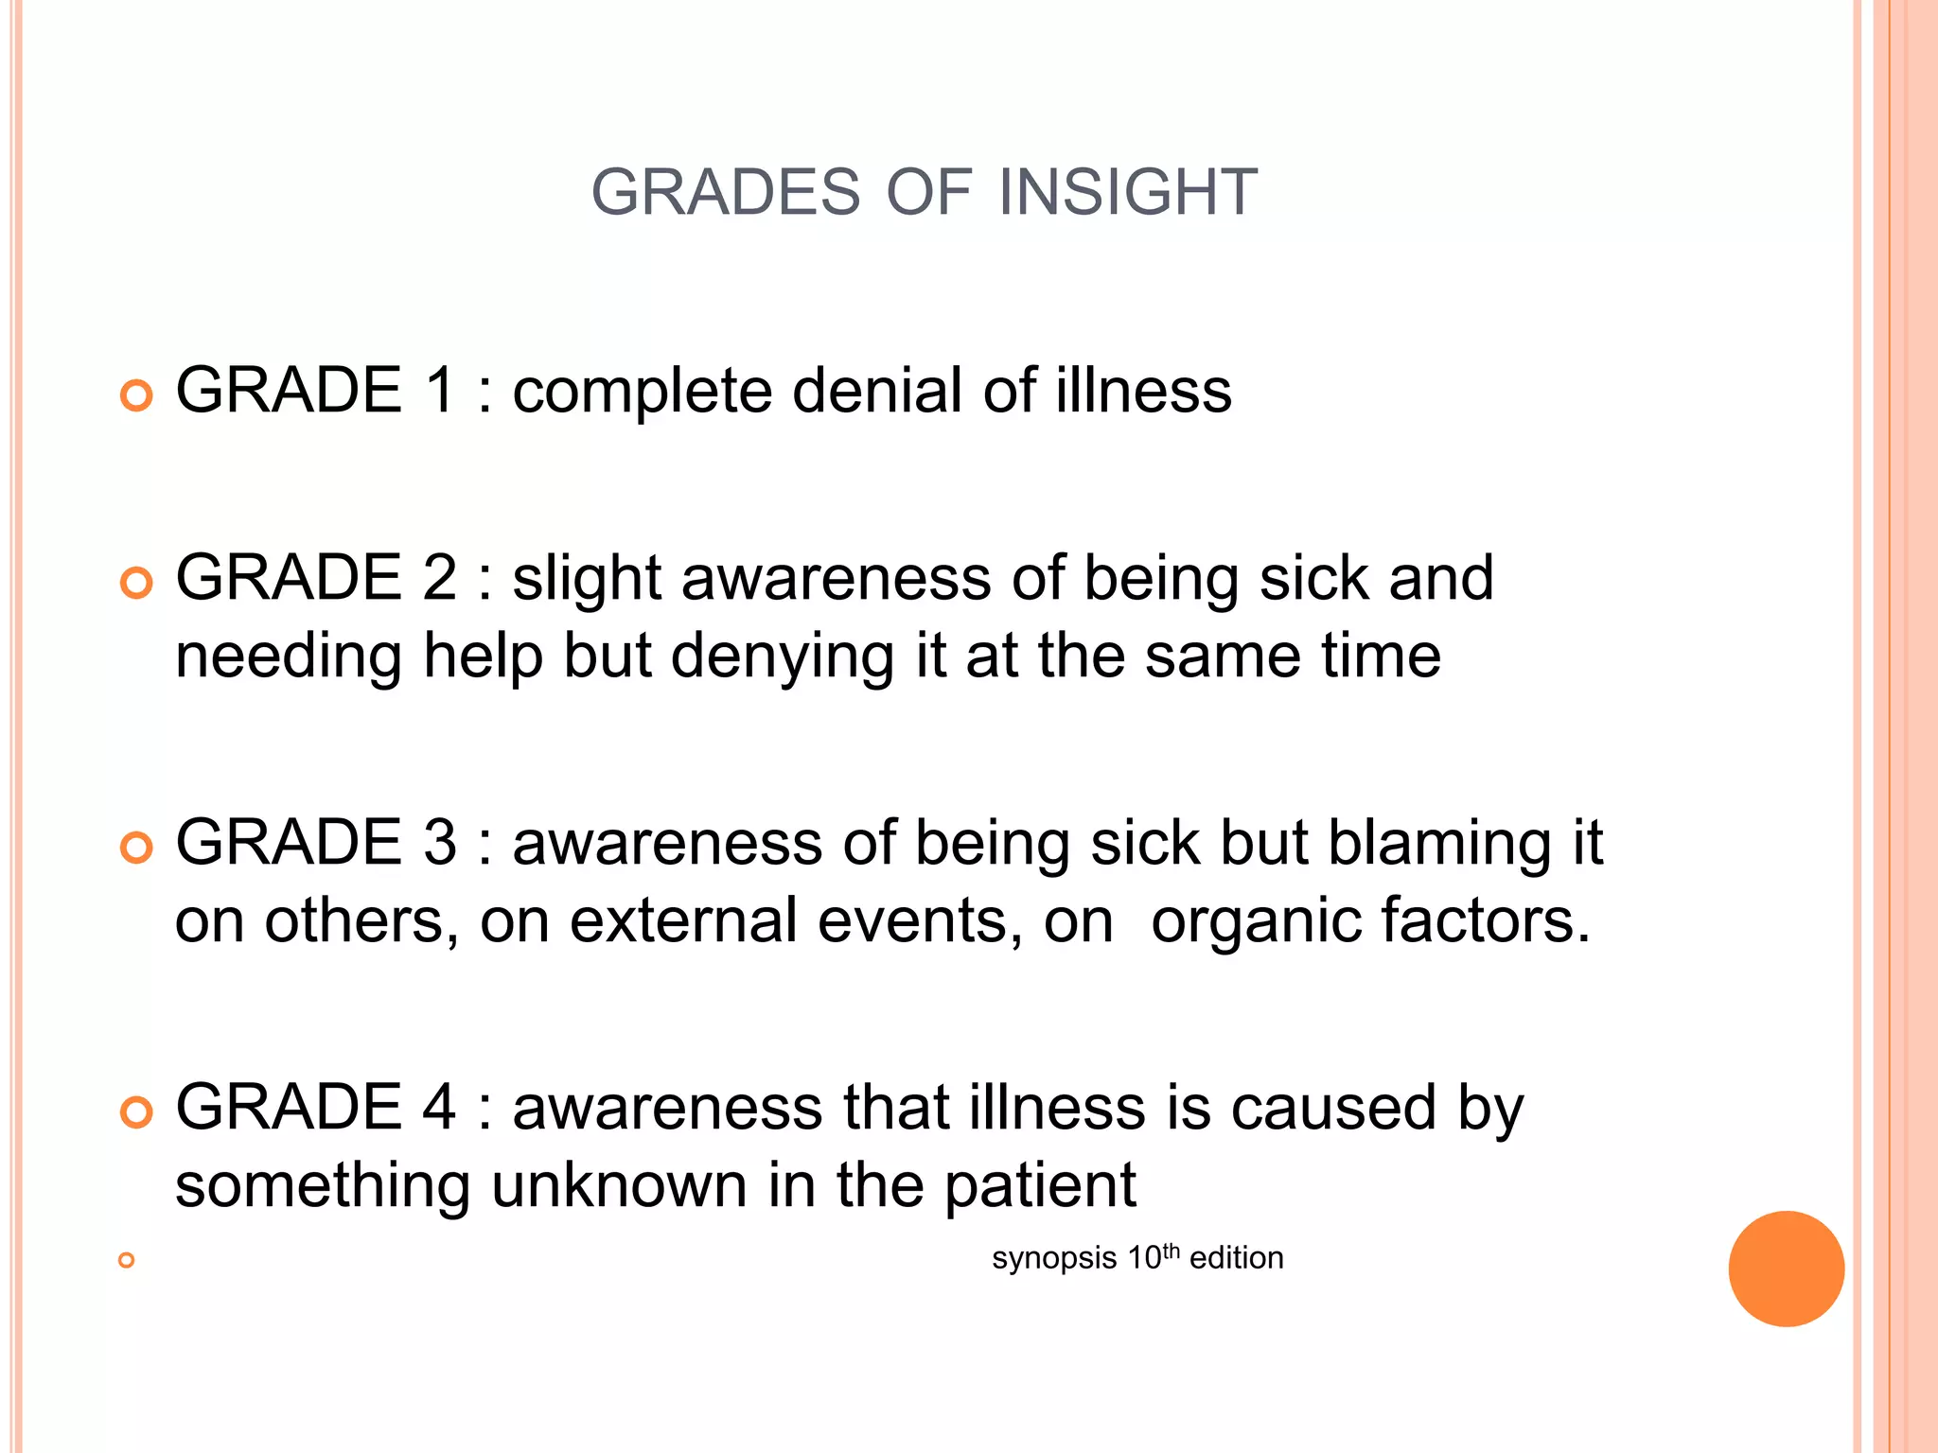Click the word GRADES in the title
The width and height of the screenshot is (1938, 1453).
(726, 192)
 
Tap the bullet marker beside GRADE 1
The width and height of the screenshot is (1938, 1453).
(137, 395)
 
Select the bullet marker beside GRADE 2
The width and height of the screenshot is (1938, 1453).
(137, 583)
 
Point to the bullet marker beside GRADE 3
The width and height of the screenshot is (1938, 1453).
(137, 848)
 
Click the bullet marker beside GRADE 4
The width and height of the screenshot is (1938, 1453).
(137, 1112)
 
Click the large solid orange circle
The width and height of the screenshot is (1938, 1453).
(1786, 1269)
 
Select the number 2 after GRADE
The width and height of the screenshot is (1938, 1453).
(440, 577)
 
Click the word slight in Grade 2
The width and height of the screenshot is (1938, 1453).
(587, 579)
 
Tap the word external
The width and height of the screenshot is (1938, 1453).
(683, 920)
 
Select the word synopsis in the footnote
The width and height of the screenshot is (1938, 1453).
(1054, 1259)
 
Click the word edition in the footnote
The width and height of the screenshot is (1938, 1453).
(1236, 1258)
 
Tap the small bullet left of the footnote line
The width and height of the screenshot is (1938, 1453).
(126, 1260)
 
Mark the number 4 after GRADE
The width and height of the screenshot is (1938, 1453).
(440, 1107)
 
